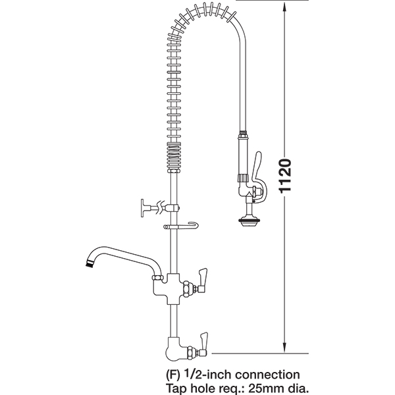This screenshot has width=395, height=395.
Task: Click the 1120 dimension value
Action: (286, 176)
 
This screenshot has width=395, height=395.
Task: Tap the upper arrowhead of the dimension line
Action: (284, 7)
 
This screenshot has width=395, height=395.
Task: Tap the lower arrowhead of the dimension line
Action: (284, 347)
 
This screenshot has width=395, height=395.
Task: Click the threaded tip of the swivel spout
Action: (89, 263)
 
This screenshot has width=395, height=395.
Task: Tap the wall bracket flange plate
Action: (143, 208)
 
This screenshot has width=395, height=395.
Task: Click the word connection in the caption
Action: (267, 375)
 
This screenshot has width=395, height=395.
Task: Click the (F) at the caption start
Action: (173, 375)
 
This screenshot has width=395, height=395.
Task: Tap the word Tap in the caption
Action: (176, 388)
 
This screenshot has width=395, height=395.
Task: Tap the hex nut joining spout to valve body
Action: (158, 278)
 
